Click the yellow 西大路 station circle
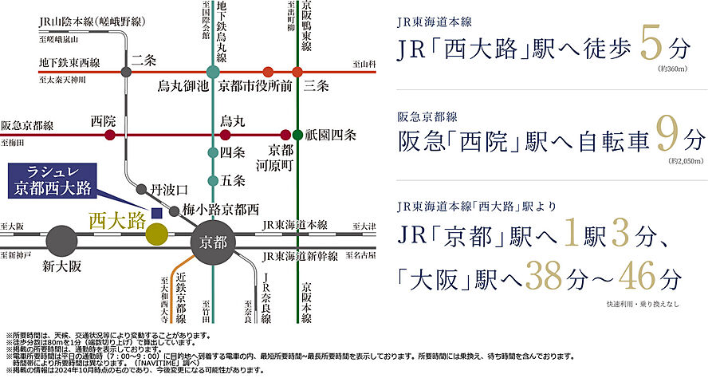(157, 234)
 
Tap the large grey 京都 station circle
(213, 240)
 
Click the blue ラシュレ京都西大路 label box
(53, 181)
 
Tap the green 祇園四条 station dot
(298, 135)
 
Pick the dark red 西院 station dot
(109, 135)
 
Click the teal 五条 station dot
(213, 180)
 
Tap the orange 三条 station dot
(297, 72)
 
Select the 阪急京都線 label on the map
(28, 126)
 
